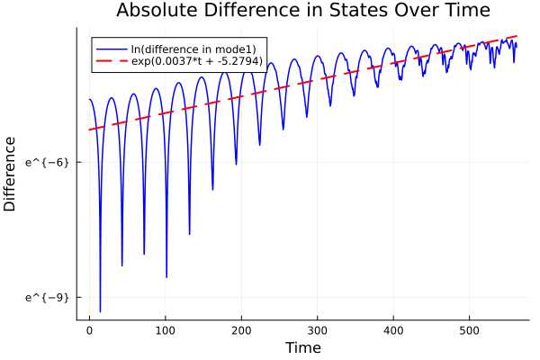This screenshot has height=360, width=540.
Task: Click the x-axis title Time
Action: tap(302, 347)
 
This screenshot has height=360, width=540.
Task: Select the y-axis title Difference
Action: tap(11, 174)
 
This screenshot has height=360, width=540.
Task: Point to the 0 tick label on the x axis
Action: tap(89, 330)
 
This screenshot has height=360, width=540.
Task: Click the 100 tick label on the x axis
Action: tap(165, 330)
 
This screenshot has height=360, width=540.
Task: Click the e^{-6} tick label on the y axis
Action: tap(47, 162)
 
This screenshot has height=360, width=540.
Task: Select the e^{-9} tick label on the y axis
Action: tap(47, 297)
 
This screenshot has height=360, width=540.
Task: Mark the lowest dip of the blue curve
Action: tap(100, 311)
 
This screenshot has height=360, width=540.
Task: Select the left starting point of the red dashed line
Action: tap(89, 130)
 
